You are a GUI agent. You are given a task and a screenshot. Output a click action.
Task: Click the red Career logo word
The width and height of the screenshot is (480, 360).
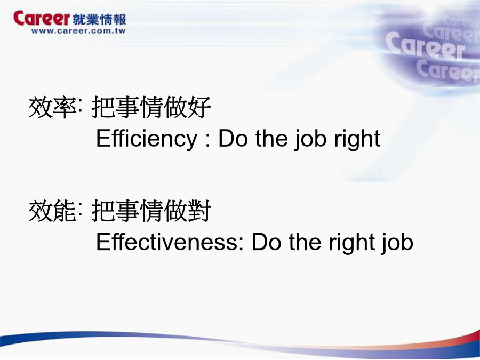click(42, 18)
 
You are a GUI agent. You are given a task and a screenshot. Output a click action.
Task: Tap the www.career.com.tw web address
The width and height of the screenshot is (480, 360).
click(78, 31)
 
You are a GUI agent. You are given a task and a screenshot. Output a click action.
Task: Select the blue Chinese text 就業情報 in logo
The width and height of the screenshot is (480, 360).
click(100, 19)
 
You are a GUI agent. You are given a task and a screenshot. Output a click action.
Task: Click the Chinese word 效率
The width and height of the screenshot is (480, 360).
click(52, 107)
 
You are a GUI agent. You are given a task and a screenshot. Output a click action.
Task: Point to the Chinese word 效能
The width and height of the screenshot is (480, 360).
click(52, 211)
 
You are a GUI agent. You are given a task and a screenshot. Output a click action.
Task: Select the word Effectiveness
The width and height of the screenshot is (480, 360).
click(167, 242)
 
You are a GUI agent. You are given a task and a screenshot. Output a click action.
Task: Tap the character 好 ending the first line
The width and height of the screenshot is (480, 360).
click(199, 107)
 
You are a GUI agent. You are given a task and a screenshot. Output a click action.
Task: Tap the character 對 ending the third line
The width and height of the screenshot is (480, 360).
click(199, 211)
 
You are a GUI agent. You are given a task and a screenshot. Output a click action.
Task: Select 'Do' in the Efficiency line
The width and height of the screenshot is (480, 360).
click(233, 139)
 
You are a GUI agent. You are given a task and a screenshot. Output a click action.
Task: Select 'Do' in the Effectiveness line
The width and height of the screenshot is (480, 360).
click(266, 242)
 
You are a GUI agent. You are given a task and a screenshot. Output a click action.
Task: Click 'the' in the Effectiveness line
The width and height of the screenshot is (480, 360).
click(305, 242)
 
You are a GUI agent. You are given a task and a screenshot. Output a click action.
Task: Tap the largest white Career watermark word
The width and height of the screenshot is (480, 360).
click(426, 46)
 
